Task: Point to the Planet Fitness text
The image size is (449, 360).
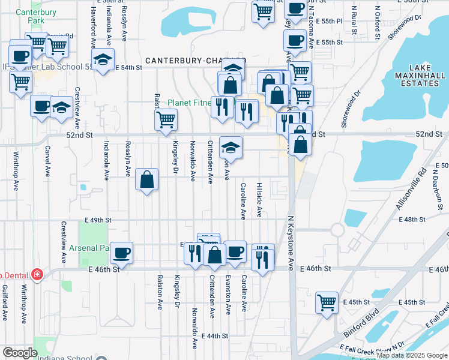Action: tap(188, 103)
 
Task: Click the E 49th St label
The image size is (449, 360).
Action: tap(99, 220)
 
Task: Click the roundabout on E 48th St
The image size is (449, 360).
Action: tap(337, 229)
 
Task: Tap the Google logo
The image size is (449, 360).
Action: tap(20, 353)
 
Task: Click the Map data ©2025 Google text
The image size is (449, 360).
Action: tap(412, 355)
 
